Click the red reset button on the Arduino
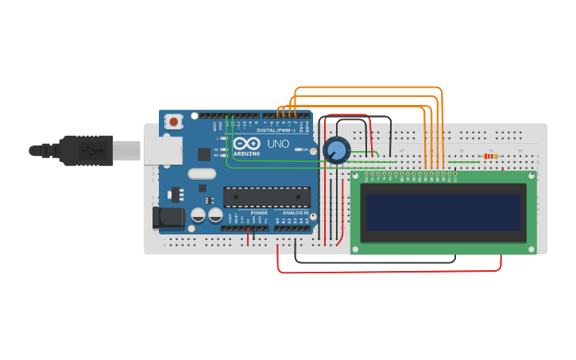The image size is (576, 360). [x=173, y=122]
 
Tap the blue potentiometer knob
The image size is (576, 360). [x=337, y=149]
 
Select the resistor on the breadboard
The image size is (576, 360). [x=490, y=156]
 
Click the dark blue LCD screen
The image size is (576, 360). [x=443, y=212]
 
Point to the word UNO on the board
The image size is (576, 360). [x=278, y=144]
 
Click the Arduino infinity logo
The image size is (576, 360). [x=246, y=143]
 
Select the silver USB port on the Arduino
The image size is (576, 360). [x=162, y=149]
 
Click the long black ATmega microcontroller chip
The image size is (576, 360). [x=266, y=197]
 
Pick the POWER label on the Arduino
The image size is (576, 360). [x=259, y=213]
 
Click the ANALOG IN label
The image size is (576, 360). [x=295, y=213]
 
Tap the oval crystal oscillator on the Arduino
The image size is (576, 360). [x=202, y=173]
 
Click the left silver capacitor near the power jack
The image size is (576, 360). [x=198, y=215]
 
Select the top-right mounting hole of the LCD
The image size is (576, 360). [x=531, y=176]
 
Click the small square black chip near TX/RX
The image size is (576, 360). [x=204, y=154]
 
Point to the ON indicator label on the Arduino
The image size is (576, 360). [x=304, y=149]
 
